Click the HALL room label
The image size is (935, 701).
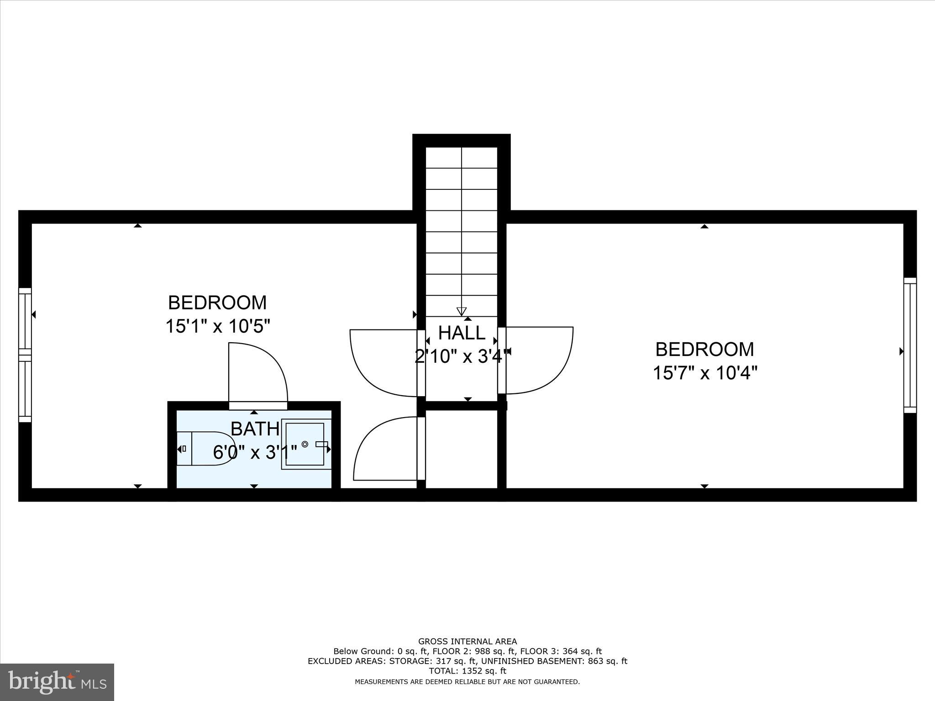(462, 333)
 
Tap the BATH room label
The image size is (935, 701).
(255, 429)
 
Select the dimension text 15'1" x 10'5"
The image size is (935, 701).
(217, 326)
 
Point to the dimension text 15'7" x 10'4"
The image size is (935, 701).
(704, 373)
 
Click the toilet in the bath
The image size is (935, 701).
(205, 448)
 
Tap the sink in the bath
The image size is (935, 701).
(305, 444)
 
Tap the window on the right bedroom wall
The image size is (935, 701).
(910, 345)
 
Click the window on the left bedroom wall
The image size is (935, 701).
(25, 355)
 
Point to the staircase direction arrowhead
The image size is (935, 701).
(462, 311)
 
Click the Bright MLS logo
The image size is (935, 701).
(57, 682)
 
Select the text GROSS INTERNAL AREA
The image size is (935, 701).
(467, 641)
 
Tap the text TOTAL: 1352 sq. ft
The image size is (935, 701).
(467, 671)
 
